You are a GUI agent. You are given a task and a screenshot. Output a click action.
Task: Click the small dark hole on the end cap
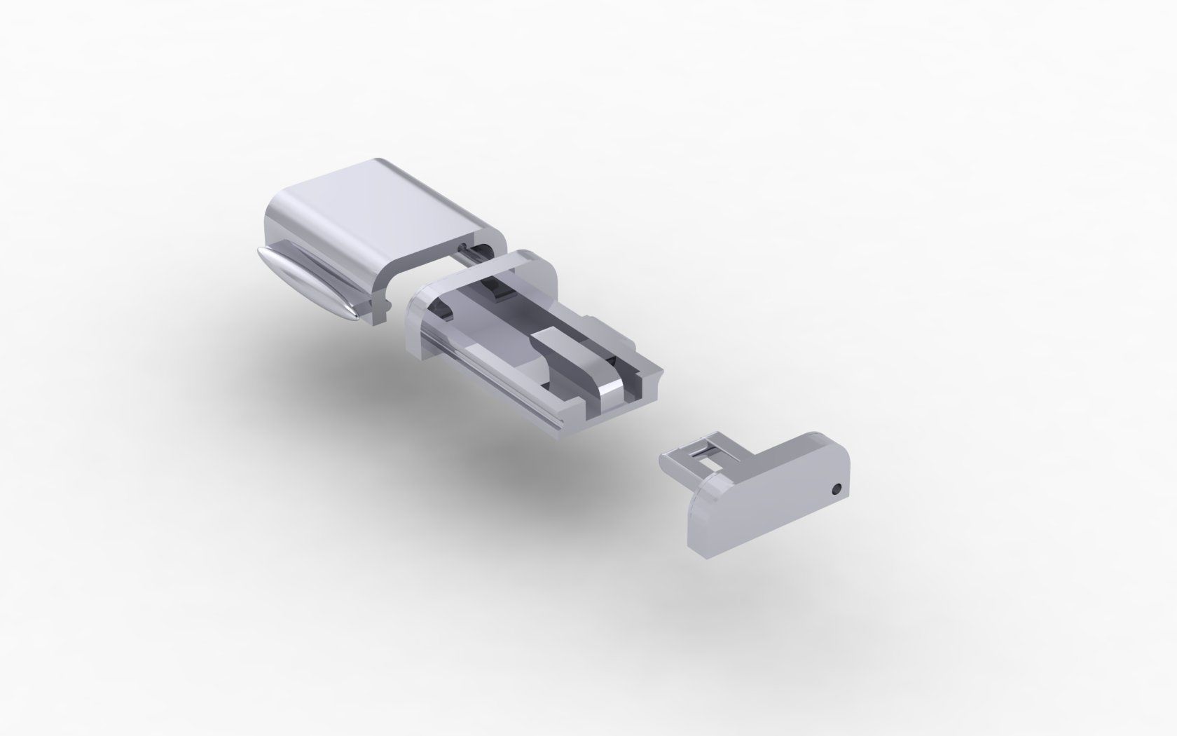[835, 488]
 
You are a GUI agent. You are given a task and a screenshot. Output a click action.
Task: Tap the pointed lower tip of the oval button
[356, 317]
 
